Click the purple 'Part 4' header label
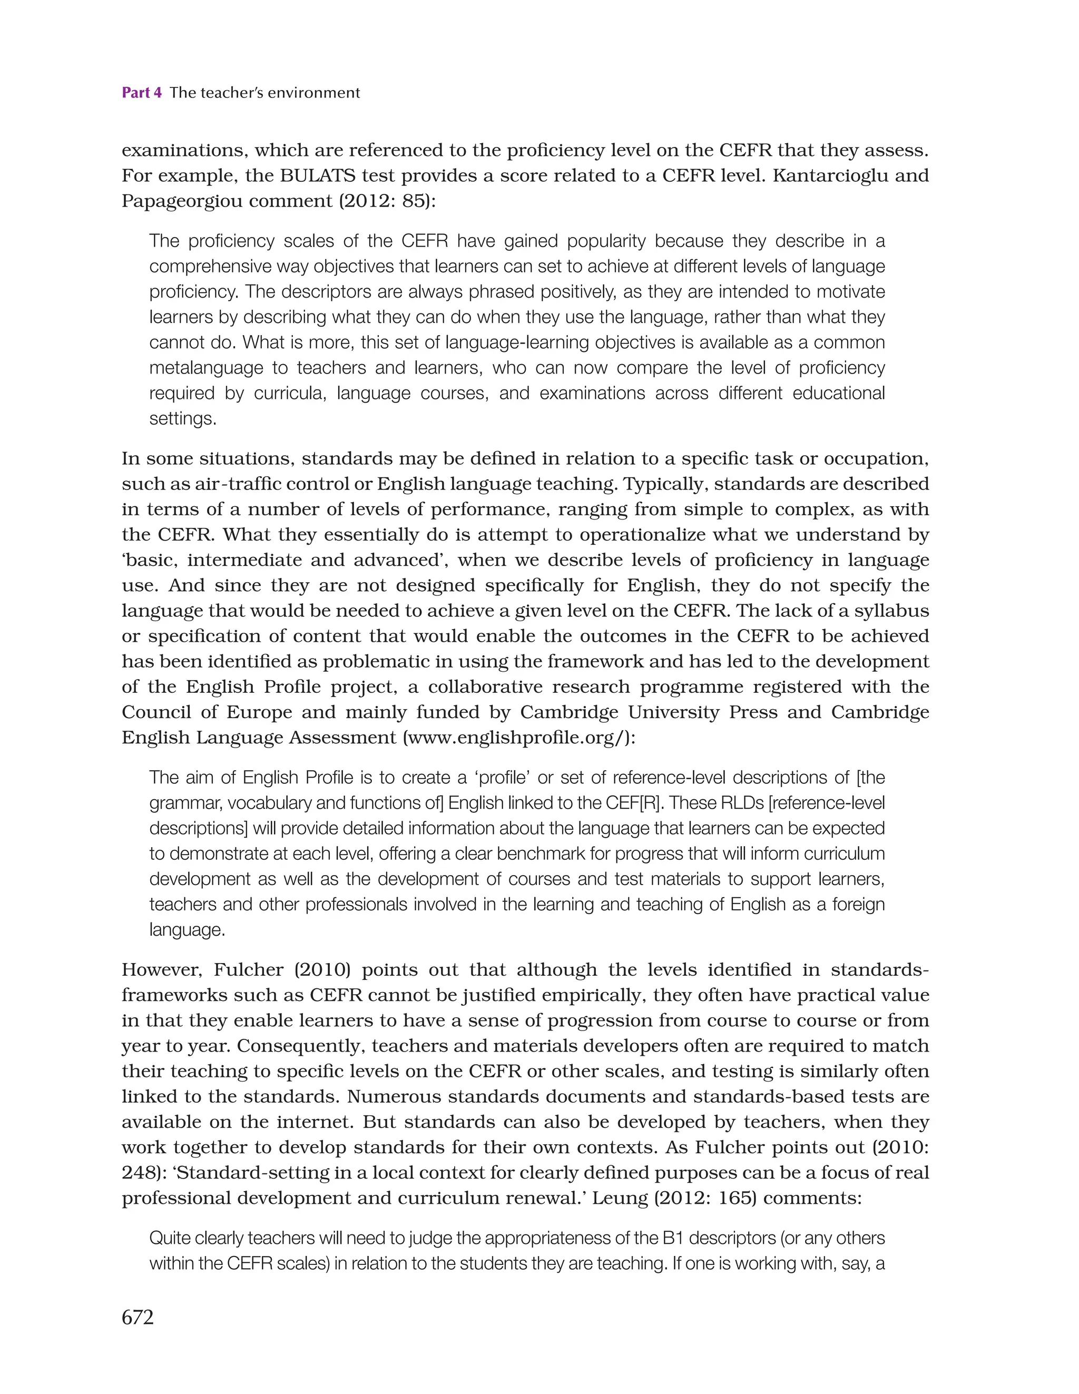coord(141,93)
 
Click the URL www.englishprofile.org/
coord(515,738)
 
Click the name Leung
coord(616,1198)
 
